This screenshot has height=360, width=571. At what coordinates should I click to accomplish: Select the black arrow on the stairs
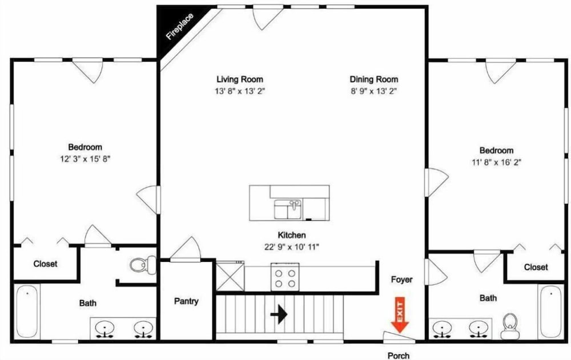click(279, 314)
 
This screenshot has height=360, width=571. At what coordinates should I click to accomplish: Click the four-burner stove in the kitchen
click(285, 277)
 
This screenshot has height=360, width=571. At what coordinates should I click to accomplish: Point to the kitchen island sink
click(288, 209)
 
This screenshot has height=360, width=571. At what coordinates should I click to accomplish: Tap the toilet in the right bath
click(509, 326)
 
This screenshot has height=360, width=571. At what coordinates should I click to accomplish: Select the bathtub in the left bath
click(27, 312)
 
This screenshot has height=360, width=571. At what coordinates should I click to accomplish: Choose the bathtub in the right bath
click(550, 312)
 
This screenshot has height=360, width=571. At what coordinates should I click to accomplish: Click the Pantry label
click(186, 301)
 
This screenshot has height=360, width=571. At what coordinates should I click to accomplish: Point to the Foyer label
click(401, 280)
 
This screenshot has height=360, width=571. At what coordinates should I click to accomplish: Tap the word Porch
click(399, 355)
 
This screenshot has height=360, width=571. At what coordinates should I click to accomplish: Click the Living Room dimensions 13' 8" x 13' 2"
click(240, 91)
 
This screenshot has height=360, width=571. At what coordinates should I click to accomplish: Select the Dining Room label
click(374, 79)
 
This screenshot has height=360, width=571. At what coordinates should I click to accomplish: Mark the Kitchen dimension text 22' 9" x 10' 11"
click(292, 247)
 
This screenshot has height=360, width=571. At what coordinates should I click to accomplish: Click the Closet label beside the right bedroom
click(536, 267)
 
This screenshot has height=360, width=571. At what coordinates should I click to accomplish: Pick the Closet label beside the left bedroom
click(45, 264)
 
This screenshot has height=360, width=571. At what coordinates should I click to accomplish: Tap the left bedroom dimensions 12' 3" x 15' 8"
click(85, 159)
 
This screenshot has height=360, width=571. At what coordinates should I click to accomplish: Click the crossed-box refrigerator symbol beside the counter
click(230, 277)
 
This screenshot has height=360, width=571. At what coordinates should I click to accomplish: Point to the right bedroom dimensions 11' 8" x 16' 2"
click(496, 163)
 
